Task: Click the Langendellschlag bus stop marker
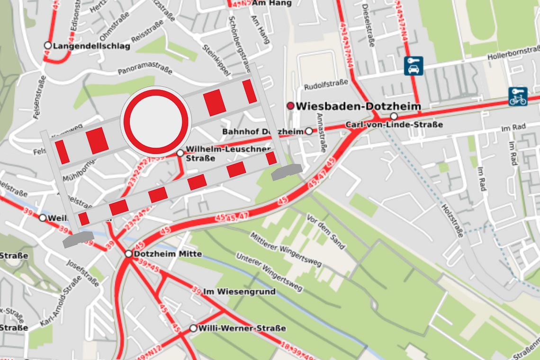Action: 47,45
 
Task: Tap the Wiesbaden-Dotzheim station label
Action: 358,106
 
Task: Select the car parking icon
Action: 414,66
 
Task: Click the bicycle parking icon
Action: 518,96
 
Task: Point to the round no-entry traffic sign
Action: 156,121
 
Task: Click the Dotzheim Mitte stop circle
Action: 128,254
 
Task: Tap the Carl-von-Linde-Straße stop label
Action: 394,125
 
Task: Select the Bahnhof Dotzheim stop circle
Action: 309,131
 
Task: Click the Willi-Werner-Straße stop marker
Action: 193,328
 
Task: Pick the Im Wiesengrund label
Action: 239,292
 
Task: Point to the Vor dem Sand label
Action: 326,232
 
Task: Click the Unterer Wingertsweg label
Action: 269,272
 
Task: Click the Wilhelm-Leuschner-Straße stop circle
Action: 180,153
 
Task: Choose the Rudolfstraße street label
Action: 326,85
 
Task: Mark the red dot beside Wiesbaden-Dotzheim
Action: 290,106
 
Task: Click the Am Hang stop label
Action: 272,3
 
